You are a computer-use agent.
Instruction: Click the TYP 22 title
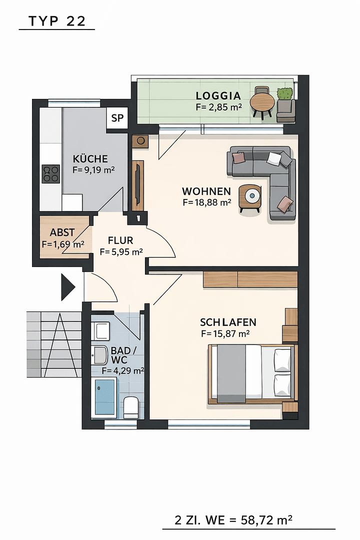tap(57, 21)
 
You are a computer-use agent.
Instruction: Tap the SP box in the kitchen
tap(117, 118)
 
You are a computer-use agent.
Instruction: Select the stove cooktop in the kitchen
tap(50, 174)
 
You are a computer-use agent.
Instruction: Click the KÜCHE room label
tap(90, 159)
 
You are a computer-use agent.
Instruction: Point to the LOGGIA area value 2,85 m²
tap(218, 107)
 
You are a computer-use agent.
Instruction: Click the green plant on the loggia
tap(285, 93)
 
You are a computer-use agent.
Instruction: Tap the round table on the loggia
tap(262, 102)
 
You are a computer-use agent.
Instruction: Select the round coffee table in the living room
tap(250, 196)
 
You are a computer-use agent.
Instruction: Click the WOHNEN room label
tap(206, 191)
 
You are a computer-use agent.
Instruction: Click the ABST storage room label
tap(62, 232)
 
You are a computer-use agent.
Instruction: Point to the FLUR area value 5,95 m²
tap(121, 252)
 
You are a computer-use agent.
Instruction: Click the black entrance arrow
tap(67, 287)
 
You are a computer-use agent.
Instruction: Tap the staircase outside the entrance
tap(54, 345)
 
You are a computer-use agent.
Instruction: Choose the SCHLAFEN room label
tap(228, 322)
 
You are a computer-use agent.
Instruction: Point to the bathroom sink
tap(99, 355)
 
